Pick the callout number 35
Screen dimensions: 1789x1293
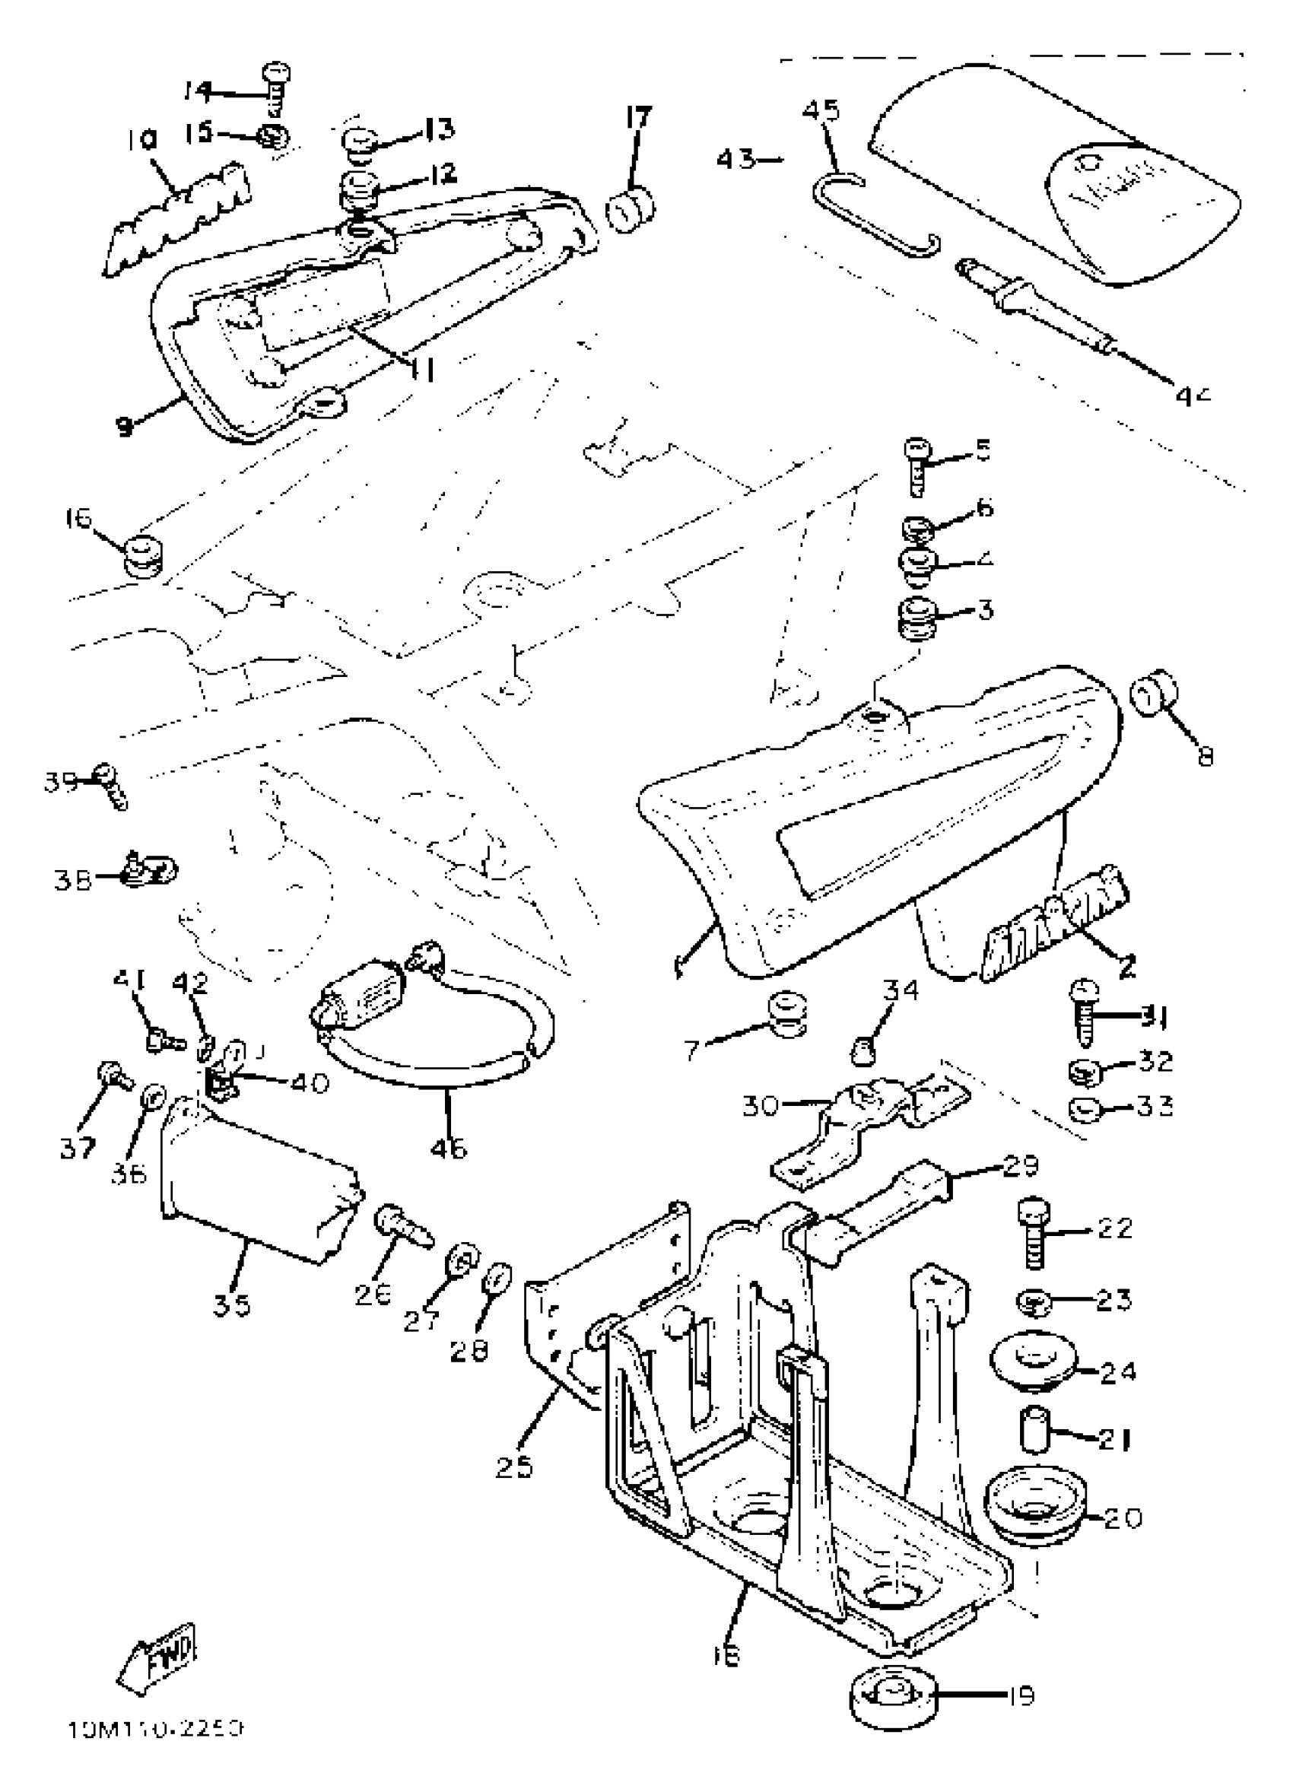pyautogui.click(x=231, y=1305)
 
